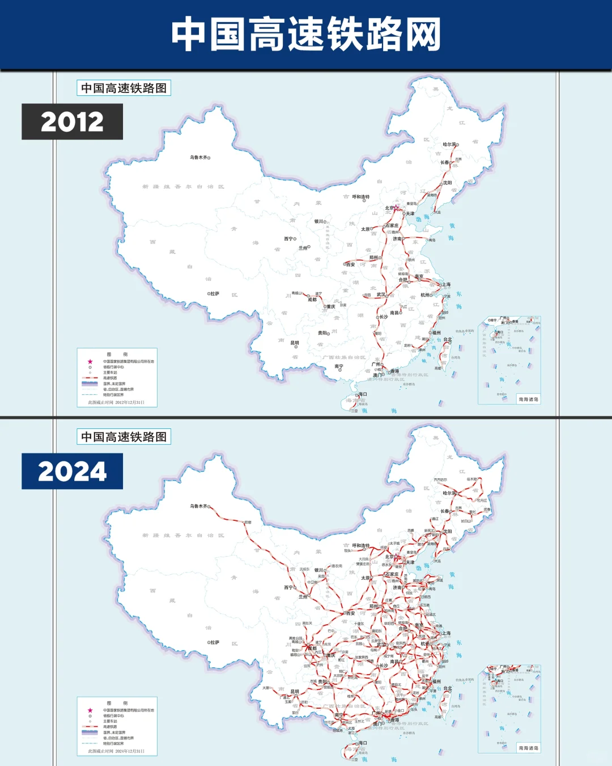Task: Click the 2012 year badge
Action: [x=72, y=121]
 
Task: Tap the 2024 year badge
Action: [x=72, y=471]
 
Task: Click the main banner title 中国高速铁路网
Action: [x=306, y=34]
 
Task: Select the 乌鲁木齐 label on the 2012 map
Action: [x=198, y=157]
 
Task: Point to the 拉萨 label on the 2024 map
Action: [x=215, y=642]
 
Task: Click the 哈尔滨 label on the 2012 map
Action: [x=449, y=144]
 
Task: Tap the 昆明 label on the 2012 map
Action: [x=295, y=343]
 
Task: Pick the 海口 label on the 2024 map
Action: [x=363, y=743]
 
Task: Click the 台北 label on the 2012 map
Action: [x=448, y=339]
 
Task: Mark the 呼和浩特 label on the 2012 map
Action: [x=360, y=197]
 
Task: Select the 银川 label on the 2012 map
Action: [x=318, y=221]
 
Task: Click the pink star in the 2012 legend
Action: [x=90, y=361]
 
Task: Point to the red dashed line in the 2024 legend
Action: [x=90, y=727]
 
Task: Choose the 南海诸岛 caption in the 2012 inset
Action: [x=528, y=399]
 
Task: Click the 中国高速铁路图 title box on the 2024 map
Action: [x=124, y=437]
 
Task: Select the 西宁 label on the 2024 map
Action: [x=288, y=587]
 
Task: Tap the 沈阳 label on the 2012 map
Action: [x=448, y=183]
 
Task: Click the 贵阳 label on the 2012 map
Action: [x=322, y=333]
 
